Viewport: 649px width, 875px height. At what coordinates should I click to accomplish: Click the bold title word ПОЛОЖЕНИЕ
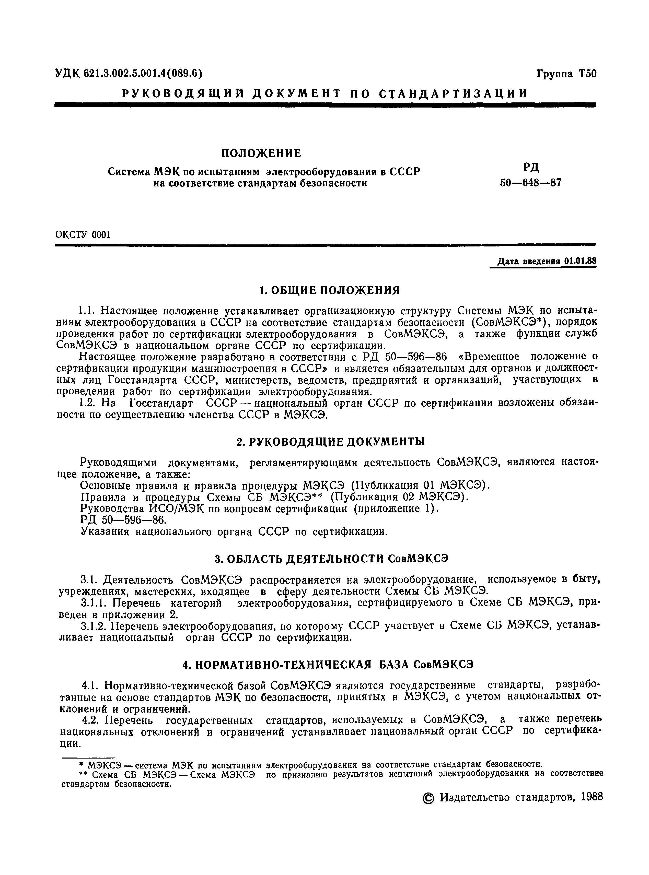click(261, 153)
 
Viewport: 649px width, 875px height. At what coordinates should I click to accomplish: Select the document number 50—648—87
click(530, 183)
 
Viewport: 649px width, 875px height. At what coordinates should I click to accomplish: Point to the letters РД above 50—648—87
click(531, 168)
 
